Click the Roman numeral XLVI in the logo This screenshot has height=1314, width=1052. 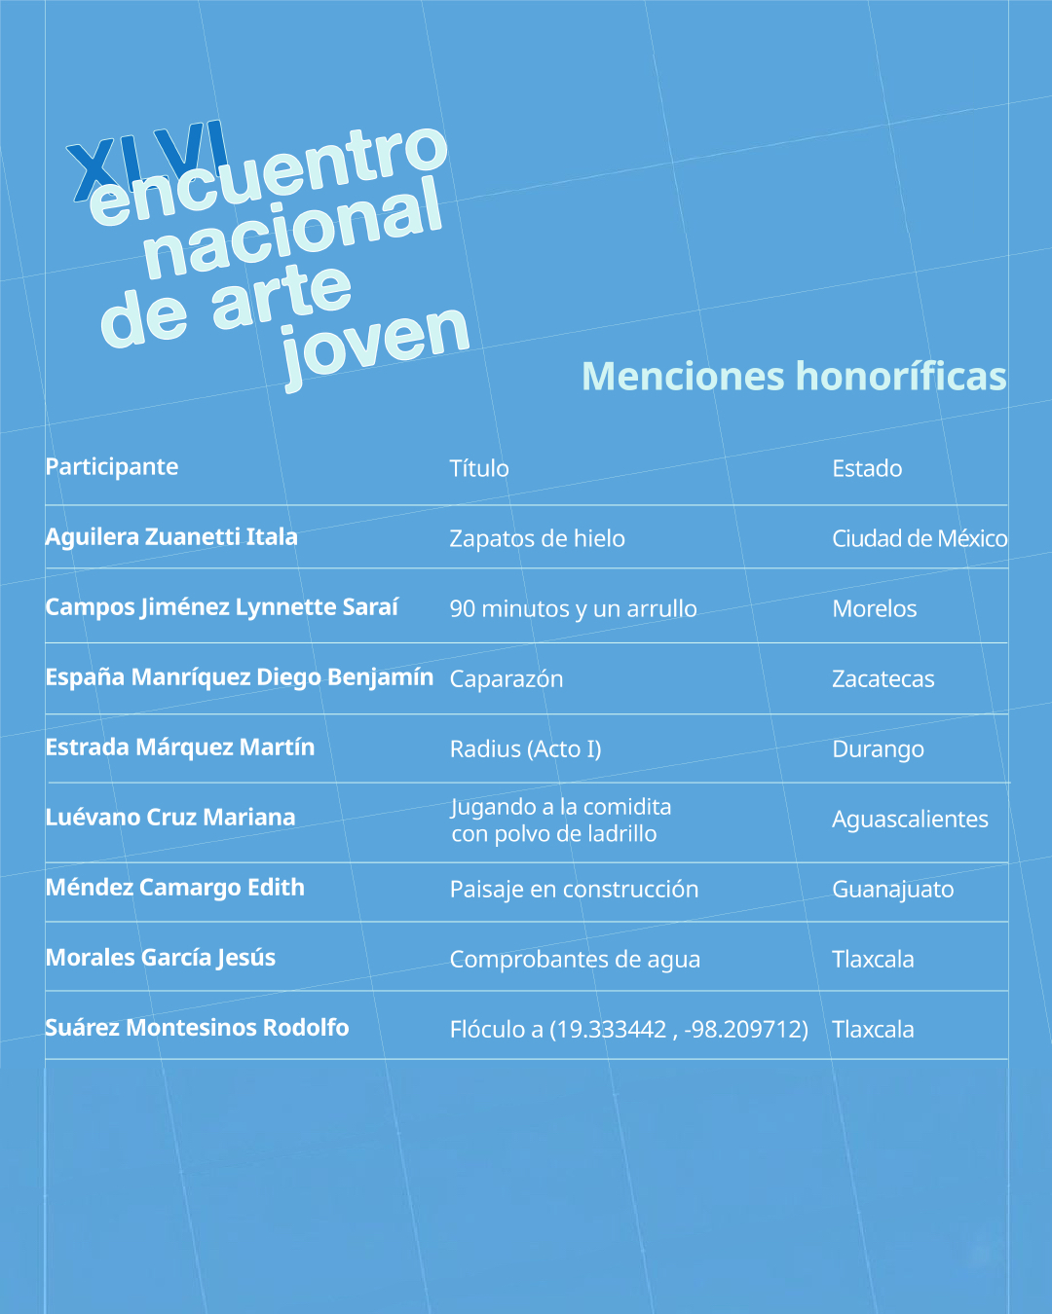point(146,161)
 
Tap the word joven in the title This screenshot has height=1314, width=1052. point(375,341)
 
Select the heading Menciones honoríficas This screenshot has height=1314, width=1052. point(793,377)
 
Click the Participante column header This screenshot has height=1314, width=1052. point(112,467)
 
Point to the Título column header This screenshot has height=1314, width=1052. point(479,469)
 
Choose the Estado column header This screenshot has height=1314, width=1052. point(867,469)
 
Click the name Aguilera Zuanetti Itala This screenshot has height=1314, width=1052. point(171,537)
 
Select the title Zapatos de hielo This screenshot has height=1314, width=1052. point(537,539)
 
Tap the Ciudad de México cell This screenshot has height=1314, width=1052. point(919,539)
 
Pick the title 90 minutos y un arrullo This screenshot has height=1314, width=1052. point(573,609)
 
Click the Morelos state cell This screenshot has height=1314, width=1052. point(874,609)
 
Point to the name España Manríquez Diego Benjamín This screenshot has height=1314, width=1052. point(239,677)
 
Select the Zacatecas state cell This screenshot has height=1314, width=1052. point(883,679)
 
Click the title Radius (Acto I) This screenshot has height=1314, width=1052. point(525,749)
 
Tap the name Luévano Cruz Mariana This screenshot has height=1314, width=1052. point(170,818)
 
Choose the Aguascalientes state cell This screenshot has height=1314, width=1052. point(910,820)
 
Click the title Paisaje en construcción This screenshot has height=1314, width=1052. point(574,890)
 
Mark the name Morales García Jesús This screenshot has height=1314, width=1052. point(161,958)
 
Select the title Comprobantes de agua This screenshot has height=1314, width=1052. point(575,960)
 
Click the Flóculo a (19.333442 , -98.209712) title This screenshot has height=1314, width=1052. point(628,1030)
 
